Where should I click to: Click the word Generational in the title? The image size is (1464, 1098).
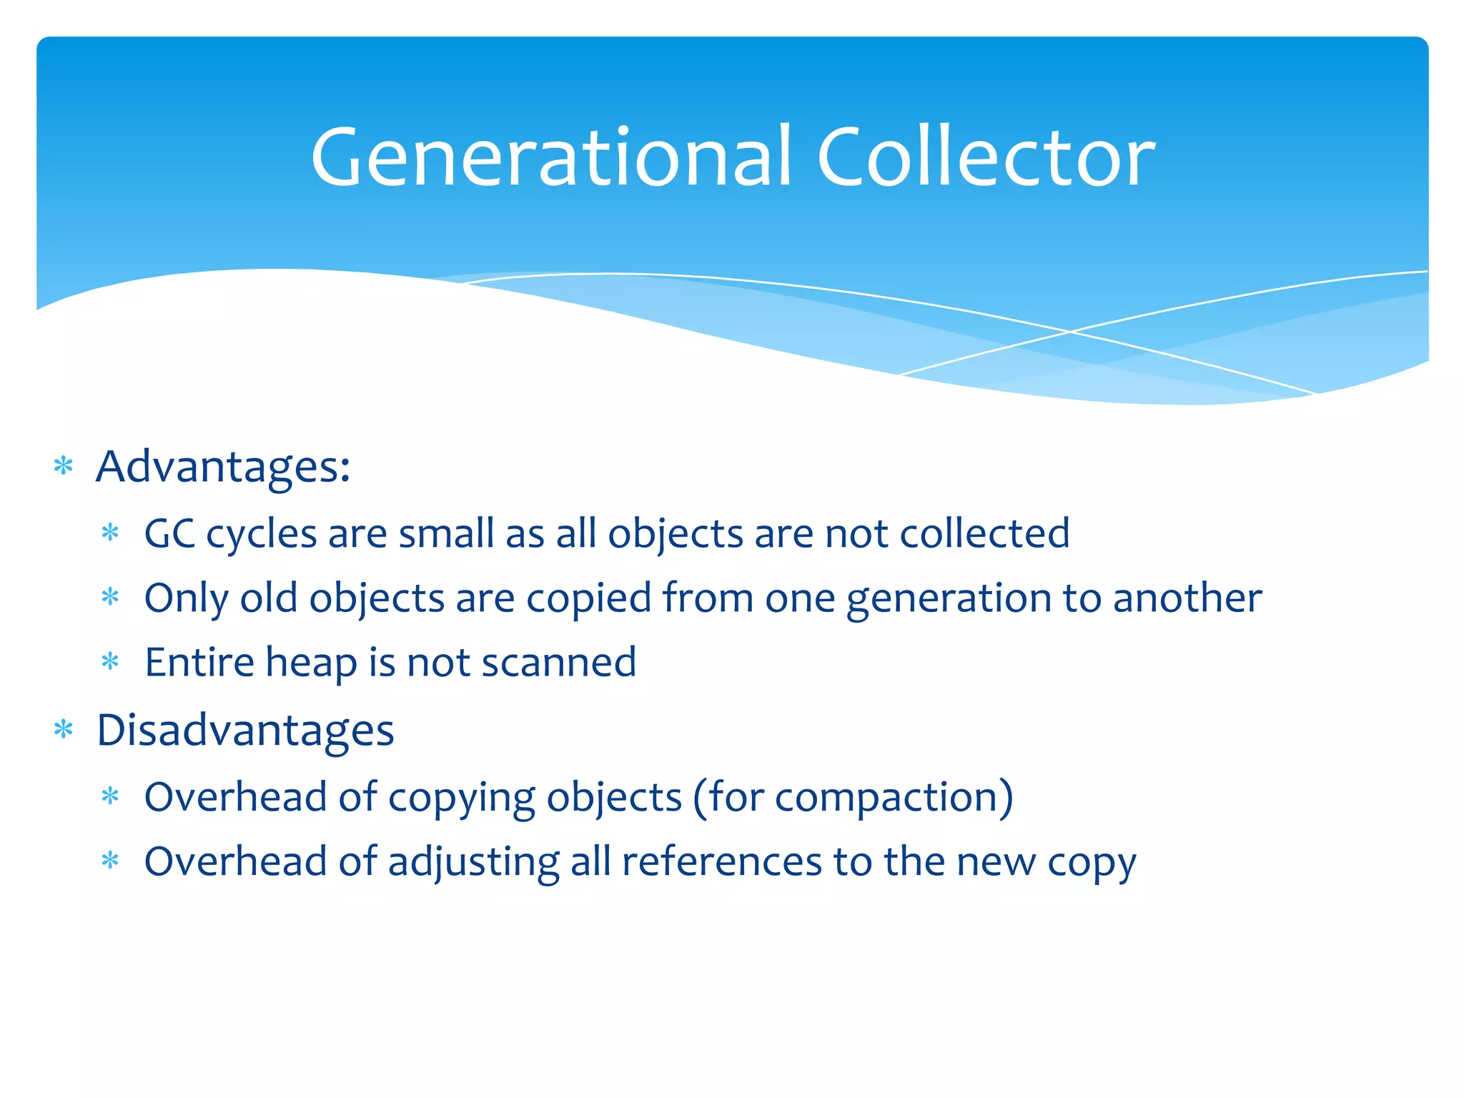pyautogui.click(x=551, y=157)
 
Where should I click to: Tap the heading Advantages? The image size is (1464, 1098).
pyautogui.click(x=223, y=468)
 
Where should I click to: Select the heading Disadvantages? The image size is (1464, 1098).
pyautogui.click(x=245, y=731)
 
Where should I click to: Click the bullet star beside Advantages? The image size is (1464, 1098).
pyautogui.click(x=64, y=467)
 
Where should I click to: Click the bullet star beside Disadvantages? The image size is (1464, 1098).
pyautogui.click(x=64, y=730)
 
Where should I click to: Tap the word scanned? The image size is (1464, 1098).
pyautogui.click(x=558, y=663)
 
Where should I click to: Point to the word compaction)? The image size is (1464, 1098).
pyautogui.click(x=894, y=798)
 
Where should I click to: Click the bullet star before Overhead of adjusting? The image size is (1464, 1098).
pyautogui.click(x=110, y=861)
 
